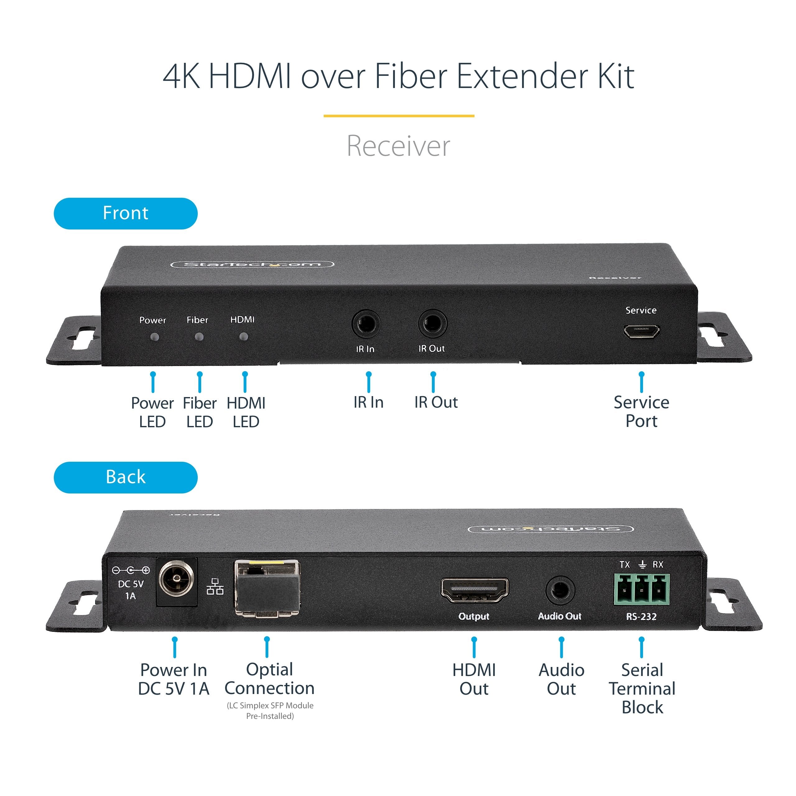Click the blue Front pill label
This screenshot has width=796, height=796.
[x=125, y=213]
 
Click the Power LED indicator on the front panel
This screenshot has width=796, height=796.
[x=155, y=337]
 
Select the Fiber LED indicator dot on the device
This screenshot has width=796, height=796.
[x=199, y=337]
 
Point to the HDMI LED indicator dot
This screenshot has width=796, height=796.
[x=244, y=337]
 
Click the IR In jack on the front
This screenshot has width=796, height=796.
[x=366, y=324]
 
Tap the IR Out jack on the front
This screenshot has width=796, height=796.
[x=432, y=323]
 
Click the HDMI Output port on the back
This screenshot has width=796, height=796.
[x=474, y=590]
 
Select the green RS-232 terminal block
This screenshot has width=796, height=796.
[x=641, y=590]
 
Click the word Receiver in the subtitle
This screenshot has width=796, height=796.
[x=398, y=146]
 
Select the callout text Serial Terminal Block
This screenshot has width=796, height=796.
[x=642, y=688]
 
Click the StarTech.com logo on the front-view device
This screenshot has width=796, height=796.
[x=252, y=264]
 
